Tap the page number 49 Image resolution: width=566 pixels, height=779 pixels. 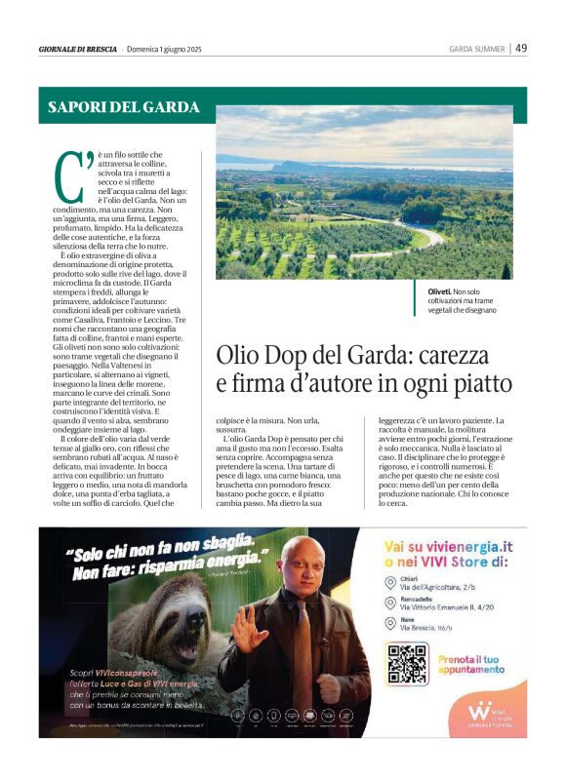coord(521,48)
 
